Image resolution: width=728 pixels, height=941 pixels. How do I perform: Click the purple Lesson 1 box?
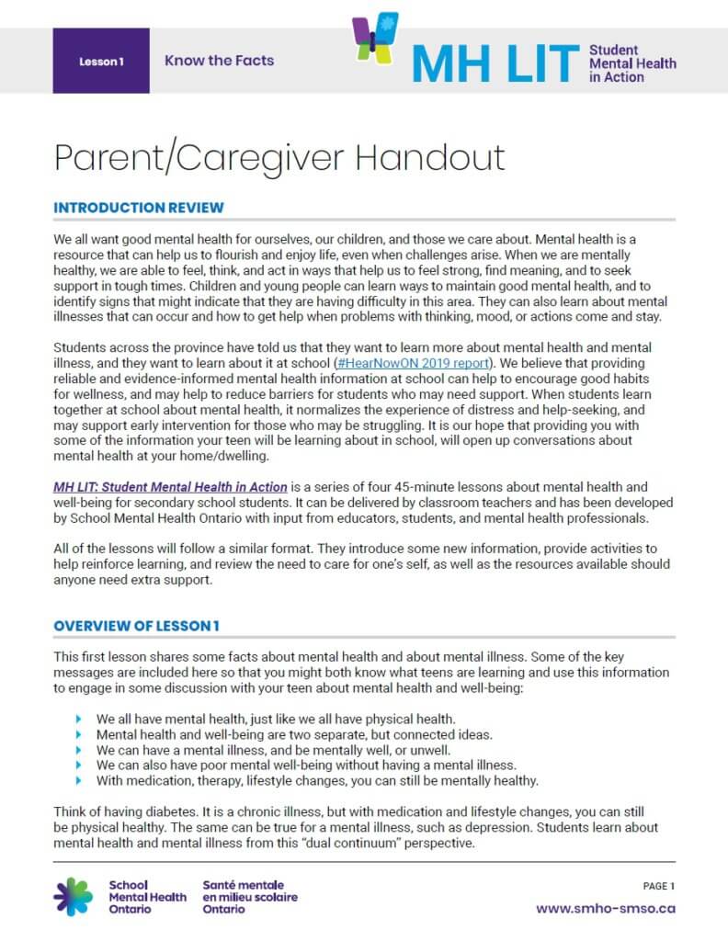[101, 61]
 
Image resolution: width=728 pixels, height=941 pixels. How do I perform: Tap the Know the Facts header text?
[219, 61]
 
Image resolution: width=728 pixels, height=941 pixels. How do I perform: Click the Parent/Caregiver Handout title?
[279, 157]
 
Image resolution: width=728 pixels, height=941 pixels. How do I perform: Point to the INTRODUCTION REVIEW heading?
[139, 208]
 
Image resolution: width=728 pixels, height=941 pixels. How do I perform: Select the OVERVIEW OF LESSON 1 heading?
[136, 626]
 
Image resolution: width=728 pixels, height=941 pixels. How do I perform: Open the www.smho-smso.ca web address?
[606, 908]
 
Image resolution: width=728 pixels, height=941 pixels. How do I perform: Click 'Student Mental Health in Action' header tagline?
[631, 63]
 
